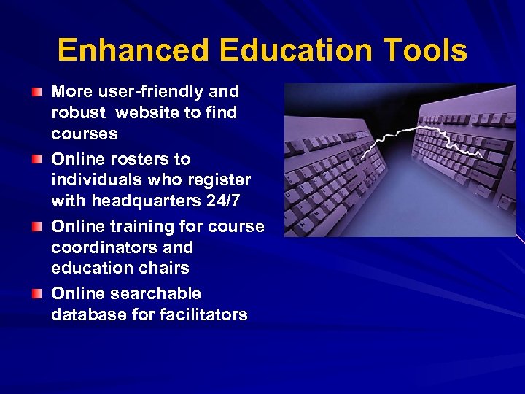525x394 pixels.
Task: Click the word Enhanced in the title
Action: pos(132,51)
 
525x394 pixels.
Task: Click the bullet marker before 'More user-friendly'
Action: pos(37,93)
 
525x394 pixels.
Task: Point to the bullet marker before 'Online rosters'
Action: pos(37,160)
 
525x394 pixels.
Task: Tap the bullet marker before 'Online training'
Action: pos(37,227)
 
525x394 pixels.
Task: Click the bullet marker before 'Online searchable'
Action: pos(37,294)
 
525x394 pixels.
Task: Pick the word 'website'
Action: pos(148,113)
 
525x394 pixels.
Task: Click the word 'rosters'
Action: pos(155,159)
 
